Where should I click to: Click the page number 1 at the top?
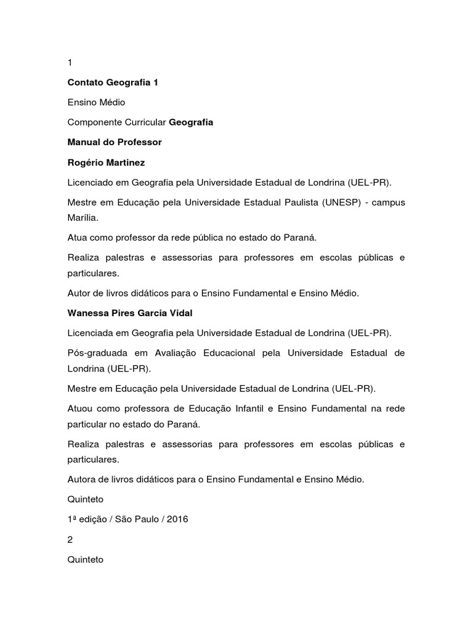click(x=70, y=63)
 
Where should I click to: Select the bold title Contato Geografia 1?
click(x=113, y=82)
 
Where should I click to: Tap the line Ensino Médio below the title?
click(x=96, y=102)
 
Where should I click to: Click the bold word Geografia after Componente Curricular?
click(x=191, y=122)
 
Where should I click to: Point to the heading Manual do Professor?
click(x=115, y=142)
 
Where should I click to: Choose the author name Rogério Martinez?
click(x=105, y=162)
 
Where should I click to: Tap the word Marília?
click(x=83, y=217)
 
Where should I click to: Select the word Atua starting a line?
click(x=78, y=237)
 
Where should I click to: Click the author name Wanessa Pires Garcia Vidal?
click(x=130, y=313)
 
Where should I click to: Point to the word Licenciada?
click(x=91, y=333)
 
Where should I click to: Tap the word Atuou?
click(x=80, y=409)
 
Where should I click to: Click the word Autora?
click(x=82, y=479)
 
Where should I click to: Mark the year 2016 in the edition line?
click(x=177, y=519)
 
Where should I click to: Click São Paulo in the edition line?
click(x=136, y=519)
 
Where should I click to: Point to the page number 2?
click(x=70, y=540)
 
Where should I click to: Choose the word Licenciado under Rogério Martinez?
click(x=91, y=182)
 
